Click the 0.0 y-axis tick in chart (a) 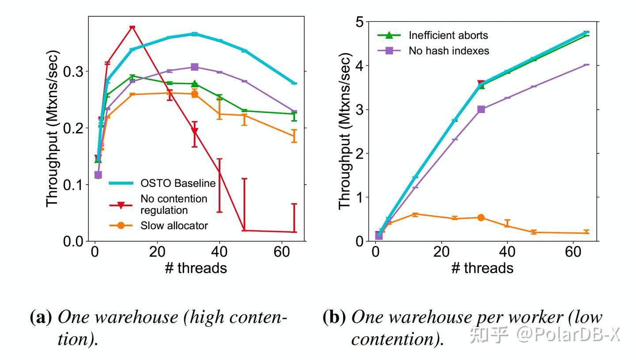click(x=73, y=241)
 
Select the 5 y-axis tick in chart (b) click(x=360, y=22)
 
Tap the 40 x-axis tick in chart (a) click(x=220, y=253)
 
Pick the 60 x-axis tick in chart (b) click(x=573, y=253)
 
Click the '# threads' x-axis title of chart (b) click(x=482, y=268)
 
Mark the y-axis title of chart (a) click(x=53, y=128)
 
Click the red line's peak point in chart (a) click(x=132, y=27)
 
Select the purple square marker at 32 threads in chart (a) click(x=194, y=67)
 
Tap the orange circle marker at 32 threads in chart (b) click(x=481, y=217)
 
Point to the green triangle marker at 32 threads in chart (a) click(x=194, y=83)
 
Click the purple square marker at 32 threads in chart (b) click(x=481, y=109)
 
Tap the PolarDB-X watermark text click(x=570, y=335)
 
